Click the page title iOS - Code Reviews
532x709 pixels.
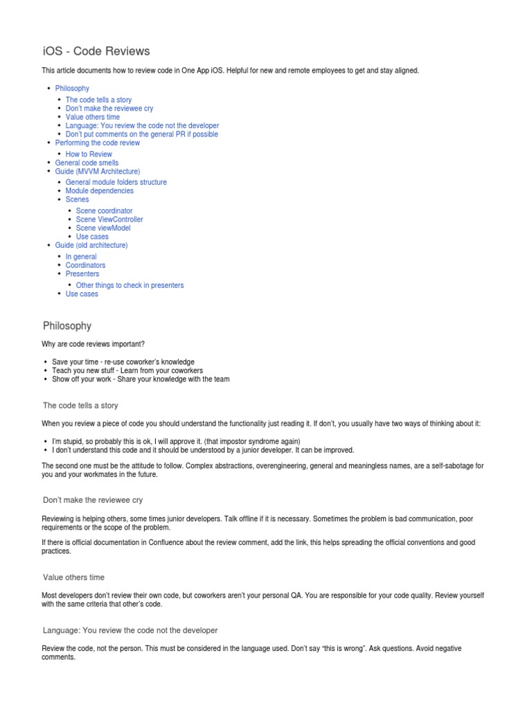[96, 51]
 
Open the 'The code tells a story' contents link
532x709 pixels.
[98, 100]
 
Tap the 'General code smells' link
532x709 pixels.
[87, 163]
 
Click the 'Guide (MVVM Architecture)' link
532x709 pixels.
[97, 171]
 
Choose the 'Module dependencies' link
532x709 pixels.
[100, 190]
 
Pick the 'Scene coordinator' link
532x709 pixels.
[104, 210]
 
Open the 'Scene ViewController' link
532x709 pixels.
[109, 219]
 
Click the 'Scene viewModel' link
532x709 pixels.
[103, 228]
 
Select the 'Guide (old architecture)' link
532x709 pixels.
[91, 245]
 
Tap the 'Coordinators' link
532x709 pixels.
[85, 265]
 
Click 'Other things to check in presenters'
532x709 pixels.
[130, 285]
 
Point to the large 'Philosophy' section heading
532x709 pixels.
[67, 325]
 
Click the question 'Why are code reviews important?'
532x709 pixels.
[94, 344]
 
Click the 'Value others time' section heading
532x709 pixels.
[73, 577]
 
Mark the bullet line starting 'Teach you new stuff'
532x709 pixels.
[127, 370]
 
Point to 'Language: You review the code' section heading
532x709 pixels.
[130, 630]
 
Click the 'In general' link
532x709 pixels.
[81, 257]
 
